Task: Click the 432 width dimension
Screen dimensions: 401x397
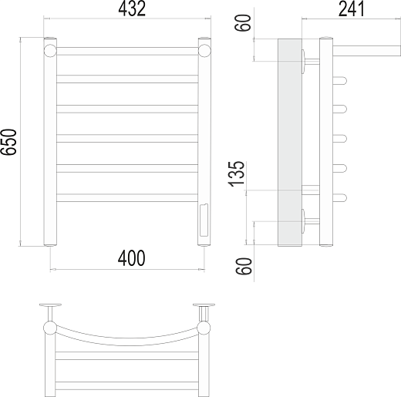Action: (x=132, y=8)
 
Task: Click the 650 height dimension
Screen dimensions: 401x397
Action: (x=8, y=142)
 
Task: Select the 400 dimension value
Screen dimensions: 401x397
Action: (x=131, y=258)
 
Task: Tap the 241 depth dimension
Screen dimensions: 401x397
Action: (x=351, y=8)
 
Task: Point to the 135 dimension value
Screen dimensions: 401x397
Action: (x=236, y=173)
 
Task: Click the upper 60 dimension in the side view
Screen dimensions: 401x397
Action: (x=243, y=23)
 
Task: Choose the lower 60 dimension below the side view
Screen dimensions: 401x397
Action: (x=243, y=266)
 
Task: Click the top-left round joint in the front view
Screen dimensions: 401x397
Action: (x=50, y=51)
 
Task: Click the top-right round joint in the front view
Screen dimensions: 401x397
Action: (x=204, y=51)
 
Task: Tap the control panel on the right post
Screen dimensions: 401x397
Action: (x=204, y=220)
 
